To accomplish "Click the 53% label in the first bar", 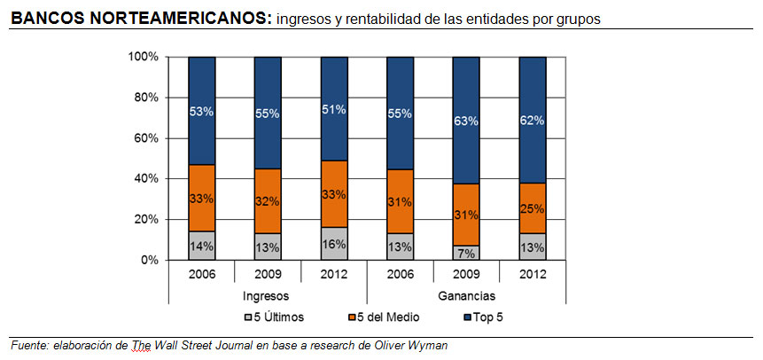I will coord(202,112).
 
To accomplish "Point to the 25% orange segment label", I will coord(533,208).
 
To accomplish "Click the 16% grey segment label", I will coord(334,245).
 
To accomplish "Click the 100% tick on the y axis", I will coord(144,57).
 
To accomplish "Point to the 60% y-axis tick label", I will coord(146,138).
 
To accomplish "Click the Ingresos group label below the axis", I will coord(268,295).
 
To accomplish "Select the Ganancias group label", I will coord(466,295).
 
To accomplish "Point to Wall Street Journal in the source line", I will coord(209,344).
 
